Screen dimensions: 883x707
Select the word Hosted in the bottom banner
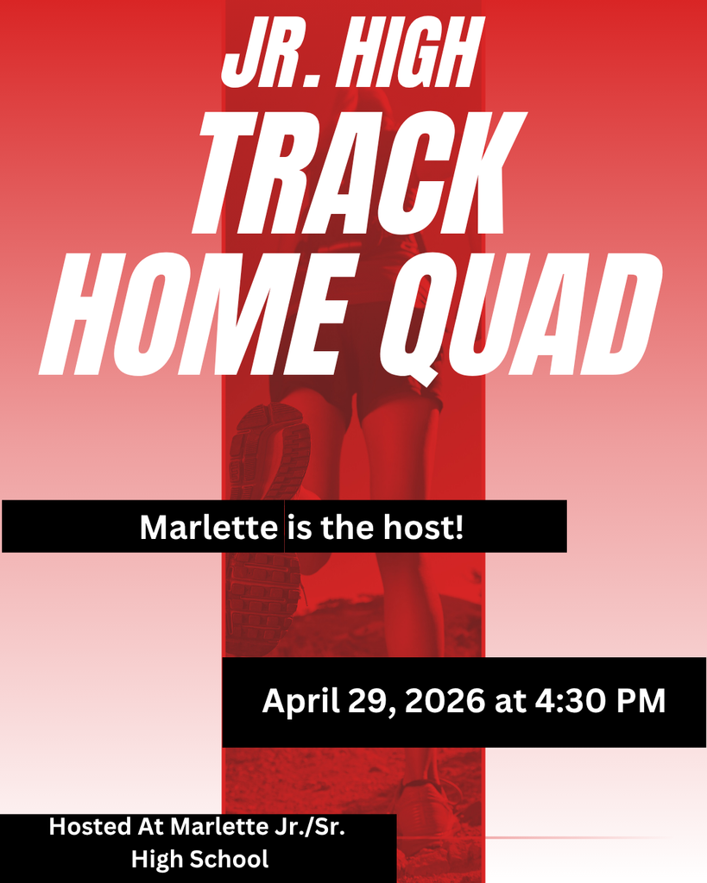tap(88, 826)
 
